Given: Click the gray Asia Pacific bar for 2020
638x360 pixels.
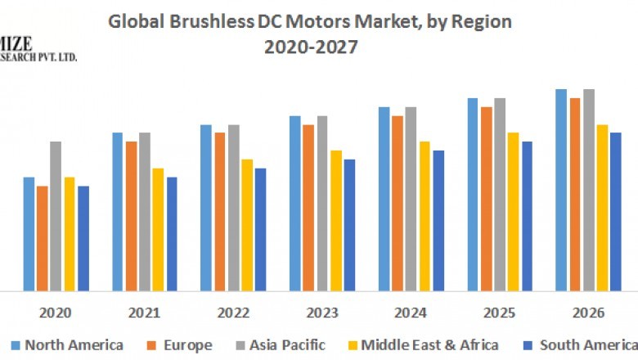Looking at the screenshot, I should (56, 216).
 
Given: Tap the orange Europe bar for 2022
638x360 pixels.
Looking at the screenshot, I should (220, 211).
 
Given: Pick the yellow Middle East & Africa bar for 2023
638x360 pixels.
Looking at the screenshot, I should (335, 220).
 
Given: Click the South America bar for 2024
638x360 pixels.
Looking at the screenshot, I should (438, 220).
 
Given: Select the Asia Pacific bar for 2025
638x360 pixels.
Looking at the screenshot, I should (500, 194).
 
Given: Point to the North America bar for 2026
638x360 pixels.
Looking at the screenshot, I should (561, 190).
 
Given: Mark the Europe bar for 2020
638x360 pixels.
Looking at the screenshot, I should (43, 238).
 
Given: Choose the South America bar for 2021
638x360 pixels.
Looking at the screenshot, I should (172, 233).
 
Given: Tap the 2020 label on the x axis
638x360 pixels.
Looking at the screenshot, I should (56, 313).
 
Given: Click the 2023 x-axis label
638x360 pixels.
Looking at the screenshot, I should (322, 313).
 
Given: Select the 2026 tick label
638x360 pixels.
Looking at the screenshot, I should (588, 313).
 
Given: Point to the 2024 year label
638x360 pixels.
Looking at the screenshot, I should (411, 313).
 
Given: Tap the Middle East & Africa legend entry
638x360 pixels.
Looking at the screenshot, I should (422, 344).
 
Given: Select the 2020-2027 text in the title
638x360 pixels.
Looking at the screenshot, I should (311, 47).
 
